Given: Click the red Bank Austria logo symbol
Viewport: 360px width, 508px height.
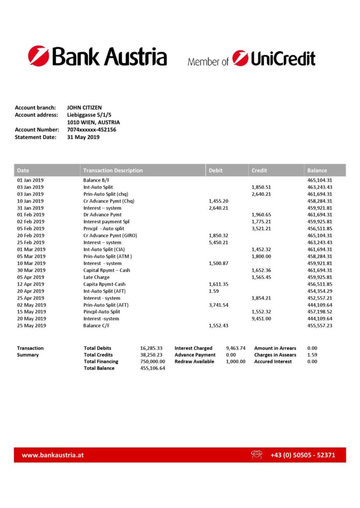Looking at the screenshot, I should (38, 56).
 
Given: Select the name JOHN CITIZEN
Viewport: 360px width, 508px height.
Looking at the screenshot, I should (84, 108).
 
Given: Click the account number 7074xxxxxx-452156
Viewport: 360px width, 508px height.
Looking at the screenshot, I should (91, 130).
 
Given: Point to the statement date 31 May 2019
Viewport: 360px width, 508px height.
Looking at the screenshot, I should (83, 137).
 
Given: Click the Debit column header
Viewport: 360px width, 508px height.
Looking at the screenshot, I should (216, 170).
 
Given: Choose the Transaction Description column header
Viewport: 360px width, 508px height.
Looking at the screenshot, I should (113, 170).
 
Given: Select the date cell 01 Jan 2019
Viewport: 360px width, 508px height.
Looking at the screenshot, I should (30, 180).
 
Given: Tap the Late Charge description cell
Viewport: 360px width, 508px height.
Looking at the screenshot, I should (96, 277).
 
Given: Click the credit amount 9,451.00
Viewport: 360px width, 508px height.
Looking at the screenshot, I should (261, 318).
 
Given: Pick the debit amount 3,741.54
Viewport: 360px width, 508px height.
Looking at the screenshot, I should (218, 305).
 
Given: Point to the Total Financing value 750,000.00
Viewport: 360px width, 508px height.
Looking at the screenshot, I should (153, 362).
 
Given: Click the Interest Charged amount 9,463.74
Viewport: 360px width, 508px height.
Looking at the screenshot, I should (235, 348).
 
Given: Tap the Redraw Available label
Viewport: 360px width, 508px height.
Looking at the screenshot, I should (194, 362).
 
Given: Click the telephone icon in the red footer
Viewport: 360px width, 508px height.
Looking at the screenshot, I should (257, 454).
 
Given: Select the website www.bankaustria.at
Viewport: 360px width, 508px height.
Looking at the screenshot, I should (53, 455).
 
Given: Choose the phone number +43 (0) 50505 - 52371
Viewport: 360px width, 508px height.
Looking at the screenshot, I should (302, 455).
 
